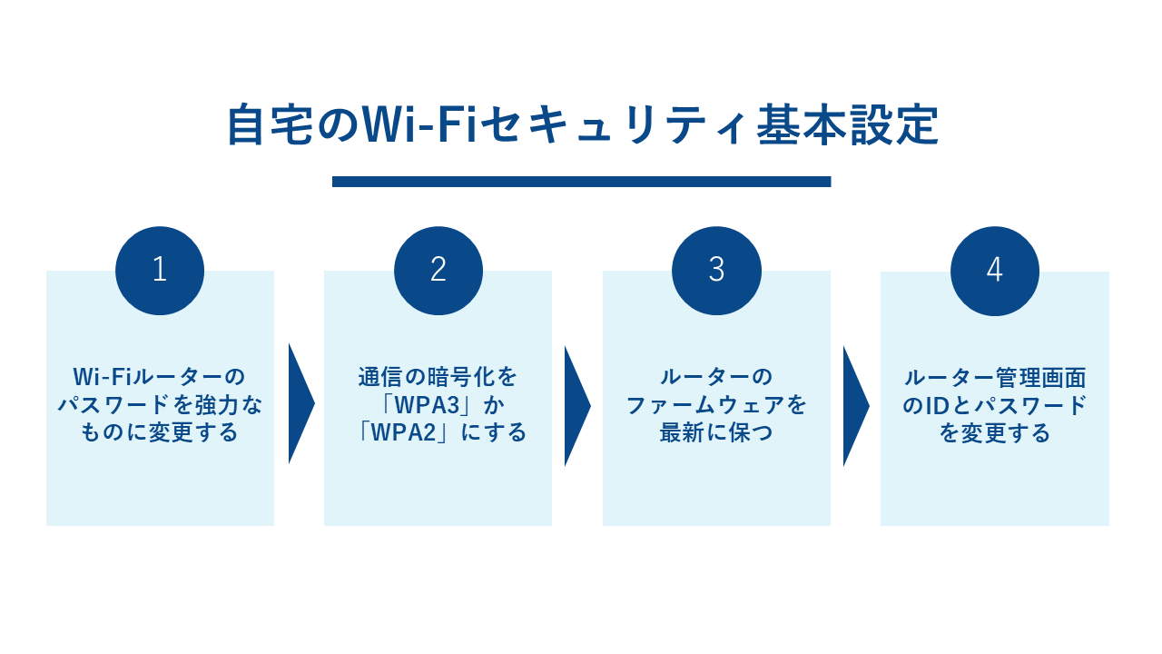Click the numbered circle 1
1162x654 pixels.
coord(160,271)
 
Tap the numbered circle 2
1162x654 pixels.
coord(438,271)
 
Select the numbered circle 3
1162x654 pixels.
coord(716,271)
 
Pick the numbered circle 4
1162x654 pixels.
coord(995,271)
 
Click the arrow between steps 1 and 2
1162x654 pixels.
coord(300,403)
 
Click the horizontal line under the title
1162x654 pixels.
coord(581,182)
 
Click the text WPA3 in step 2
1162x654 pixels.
coord(438,405)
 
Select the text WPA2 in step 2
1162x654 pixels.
coord(413,432)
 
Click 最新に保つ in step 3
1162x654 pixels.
coord(716,432)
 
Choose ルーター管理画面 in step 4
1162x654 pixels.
coord(995,378)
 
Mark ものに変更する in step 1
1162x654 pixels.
coord(160,432)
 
